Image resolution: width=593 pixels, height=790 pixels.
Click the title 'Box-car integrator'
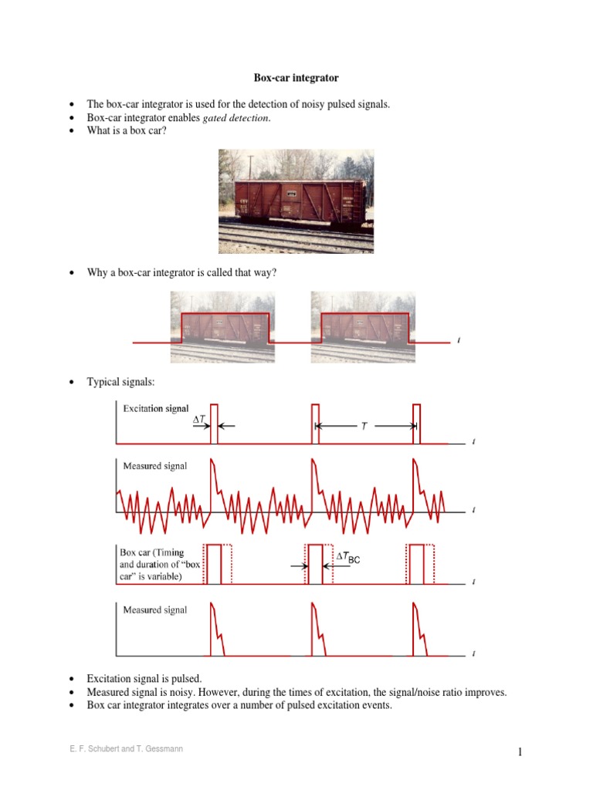point(296,78)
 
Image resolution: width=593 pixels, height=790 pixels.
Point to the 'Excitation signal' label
point(155,409)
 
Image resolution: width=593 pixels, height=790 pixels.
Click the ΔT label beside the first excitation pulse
point(200,419)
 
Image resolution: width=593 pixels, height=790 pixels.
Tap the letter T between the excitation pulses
point(364,426)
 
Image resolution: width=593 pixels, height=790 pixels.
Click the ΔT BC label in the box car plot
point(347,558)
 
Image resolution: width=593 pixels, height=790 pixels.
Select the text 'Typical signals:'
point(119,382)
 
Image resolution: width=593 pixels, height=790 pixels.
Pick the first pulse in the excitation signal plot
point(214,424)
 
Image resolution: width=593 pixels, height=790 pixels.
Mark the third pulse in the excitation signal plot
point(417,424)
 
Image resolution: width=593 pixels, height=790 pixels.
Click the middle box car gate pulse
point(315,564)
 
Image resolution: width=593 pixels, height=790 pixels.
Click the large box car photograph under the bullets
point(296,201)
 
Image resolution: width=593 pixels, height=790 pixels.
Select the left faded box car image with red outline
point(223,326)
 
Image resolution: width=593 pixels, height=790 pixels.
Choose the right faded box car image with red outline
point(363,326)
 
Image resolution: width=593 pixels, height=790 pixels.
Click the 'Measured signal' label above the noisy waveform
point(155,465)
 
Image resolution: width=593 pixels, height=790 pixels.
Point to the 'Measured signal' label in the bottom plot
point(155,609)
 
